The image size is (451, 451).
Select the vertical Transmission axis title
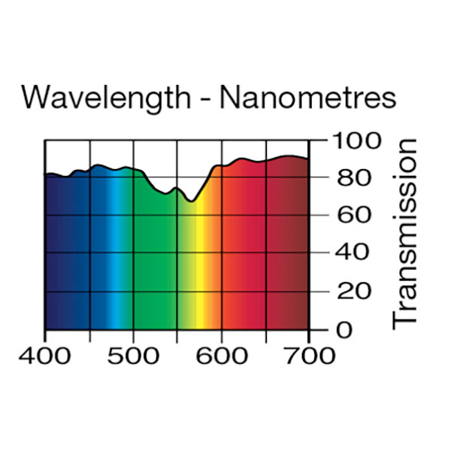coord(405,233)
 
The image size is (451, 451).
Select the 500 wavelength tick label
coord(133,355)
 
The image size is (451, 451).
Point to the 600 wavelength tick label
coord(221,355)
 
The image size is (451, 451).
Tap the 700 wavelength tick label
coord(309,355)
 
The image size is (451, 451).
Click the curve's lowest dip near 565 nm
coord(191,201)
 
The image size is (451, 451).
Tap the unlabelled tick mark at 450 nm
coord(89,334)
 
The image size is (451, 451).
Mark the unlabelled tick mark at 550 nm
coord(177,334)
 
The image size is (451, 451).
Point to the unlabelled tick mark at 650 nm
coord(265,334)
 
